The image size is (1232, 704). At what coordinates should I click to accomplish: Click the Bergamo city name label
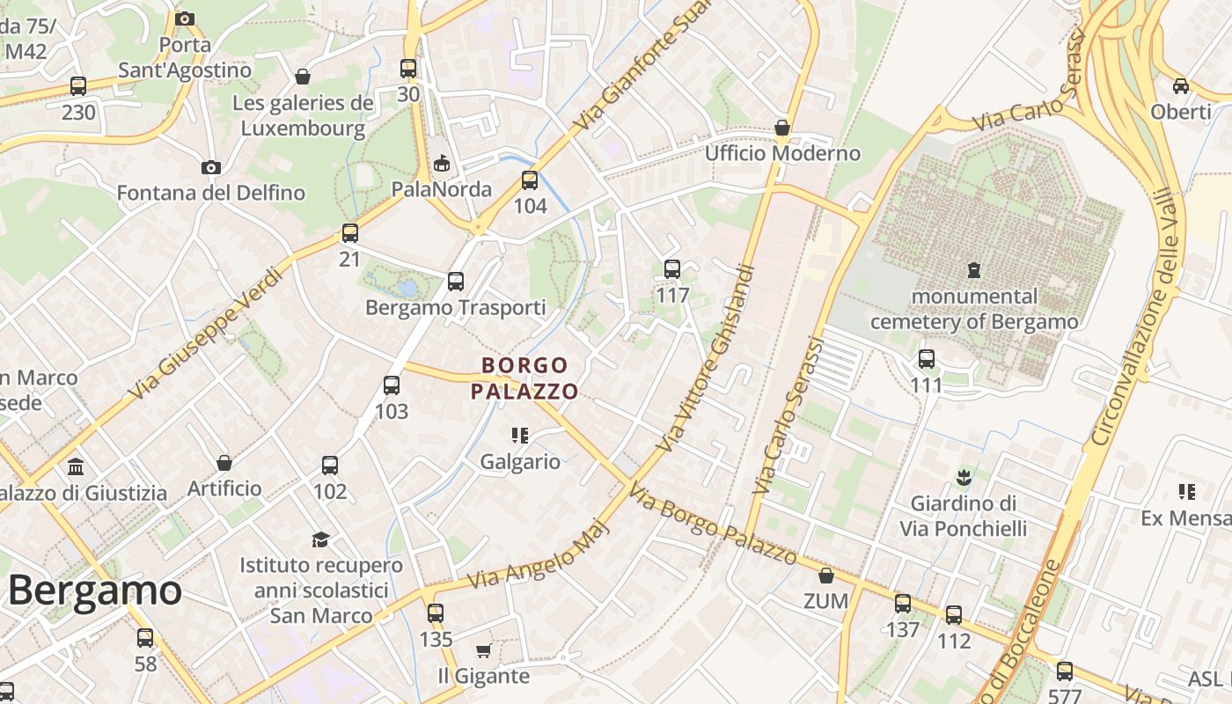click(95, 590)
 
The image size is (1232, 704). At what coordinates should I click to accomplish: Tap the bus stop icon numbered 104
click(530, 180)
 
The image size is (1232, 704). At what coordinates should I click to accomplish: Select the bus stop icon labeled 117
click(672, 269)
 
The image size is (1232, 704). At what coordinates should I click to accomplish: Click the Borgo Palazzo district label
click(525, 378)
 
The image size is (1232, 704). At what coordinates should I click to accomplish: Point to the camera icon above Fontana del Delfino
click(210, 167)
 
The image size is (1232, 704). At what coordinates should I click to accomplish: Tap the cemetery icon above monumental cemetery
click(974, 269)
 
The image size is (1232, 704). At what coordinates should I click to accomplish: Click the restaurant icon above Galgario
click(520, 435)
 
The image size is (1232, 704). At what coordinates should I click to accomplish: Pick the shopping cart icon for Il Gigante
click(483, 650)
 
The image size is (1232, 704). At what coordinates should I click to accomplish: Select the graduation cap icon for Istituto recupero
click(321, 539)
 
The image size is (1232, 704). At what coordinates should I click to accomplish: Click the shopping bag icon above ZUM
click(825, 576)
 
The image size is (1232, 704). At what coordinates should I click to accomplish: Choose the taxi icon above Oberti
click(1181, 85)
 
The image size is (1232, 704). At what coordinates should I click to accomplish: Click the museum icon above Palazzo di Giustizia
click(76, 466)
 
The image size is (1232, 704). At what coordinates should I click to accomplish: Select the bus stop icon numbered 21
click(350, 233)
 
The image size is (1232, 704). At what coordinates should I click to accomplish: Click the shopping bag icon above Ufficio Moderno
click(781, 128)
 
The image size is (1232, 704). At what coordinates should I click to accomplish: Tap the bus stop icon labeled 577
click(1065, 671)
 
